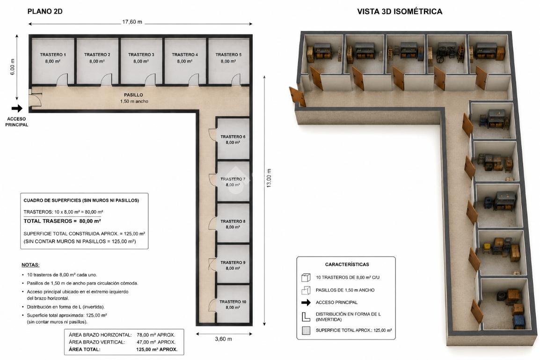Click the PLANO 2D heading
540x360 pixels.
coord(45,11)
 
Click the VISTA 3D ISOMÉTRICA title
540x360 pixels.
coord(400,11)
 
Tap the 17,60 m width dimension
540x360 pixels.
coord(132,22)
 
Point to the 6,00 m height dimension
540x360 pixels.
coord(12,67)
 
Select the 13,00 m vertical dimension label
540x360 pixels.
coord(269,178)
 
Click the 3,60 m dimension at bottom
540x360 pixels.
coord(223,339)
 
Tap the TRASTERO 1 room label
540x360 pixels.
coord(53,54)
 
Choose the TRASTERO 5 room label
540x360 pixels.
coord(228,54)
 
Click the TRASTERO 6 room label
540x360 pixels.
coord(233,137)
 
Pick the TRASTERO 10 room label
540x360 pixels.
coord(233,302)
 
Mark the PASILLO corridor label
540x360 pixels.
coord(133,95)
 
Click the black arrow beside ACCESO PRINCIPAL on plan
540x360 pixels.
coord(17,109)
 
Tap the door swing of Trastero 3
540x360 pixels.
coord(150,79)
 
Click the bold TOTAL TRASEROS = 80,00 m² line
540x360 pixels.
coord(62,221)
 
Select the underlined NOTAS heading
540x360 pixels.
coord(30,265)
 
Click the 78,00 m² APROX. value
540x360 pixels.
coord(156,335)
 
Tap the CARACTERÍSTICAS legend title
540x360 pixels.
coord(347,264)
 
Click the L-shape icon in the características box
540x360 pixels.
coord(306,317)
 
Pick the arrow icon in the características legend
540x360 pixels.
coord(306,302)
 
